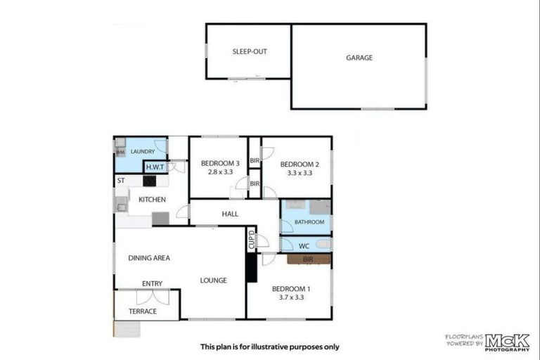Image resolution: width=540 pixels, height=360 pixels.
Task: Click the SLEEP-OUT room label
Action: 250,51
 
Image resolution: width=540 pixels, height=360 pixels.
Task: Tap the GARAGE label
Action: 359,58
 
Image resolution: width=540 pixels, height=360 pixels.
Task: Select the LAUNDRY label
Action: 143,151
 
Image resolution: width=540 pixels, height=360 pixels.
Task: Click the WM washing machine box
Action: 120,151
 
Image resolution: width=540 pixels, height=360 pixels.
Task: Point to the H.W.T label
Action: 155,167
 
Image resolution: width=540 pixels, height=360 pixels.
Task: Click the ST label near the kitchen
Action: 121,181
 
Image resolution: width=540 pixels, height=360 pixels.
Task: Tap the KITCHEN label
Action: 152,200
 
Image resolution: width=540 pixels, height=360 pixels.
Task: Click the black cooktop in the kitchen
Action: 149,181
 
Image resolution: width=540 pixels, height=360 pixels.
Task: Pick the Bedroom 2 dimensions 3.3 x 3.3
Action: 300,172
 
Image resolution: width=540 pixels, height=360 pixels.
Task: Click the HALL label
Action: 230,214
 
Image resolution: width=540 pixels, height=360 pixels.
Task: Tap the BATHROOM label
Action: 309,222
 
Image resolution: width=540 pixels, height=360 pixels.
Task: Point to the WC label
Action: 304,246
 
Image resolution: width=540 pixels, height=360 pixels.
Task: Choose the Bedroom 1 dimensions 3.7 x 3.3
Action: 290,297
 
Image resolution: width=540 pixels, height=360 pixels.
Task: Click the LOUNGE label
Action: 213,281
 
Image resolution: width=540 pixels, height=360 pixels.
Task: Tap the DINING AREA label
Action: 149,258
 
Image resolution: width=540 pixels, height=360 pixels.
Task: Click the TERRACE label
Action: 143,311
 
